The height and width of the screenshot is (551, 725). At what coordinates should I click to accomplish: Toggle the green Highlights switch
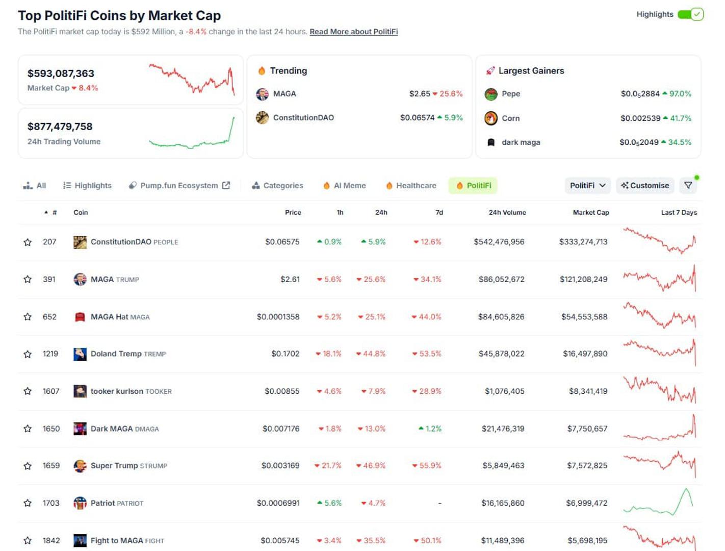[690, 14]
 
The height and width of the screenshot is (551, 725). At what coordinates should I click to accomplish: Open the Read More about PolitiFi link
[353, 32]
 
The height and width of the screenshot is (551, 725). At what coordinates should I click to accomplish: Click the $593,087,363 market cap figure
[61, 73]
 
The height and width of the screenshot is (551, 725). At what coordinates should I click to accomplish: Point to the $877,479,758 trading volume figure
[60, 127]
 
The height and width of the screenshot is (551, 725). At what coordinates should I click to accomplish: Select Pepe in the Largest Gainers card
[510, 94]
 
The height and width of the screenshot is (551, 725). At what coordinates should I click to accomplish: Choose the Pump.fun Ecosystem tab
[179, 186]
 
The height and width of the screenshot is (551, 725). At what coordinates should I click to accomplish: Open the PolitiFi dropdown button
[587, 186]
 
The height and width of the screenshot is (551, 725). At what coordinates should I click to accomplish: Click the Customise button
[645, 186]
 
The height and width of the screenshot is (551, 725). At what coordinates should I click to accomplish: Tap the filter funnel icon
[688, 186]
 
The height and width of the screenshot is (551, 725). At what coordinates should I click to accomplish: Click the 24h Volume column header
[507, 213]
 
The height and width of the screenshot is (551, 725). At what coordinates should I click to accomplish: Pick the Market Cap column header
[590, 213]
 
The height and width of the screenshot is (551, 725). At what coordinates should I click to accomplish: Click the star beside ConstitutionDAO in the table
[28, 242]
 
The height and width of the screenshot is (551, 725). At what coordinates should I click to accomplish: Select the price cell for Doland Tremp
[285, 354]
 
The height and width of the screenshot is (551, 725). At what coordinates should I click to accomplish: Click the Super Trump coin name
[114, 466]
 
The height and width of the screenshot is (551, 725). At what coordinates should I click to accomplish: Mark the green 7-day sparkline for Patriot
[659, 503]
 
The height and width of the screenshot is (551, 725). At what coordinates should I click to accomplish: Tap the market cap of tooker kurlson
[588, 391]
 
